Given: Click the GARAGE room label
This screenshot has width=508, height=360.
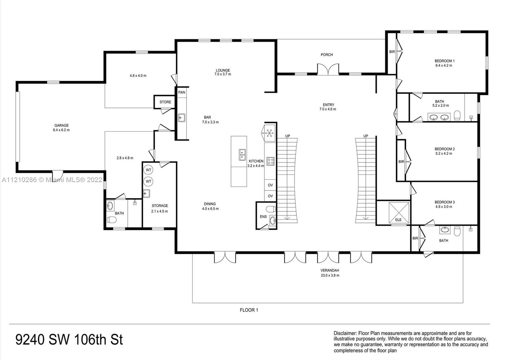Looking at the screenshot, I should click(x=61, y=126).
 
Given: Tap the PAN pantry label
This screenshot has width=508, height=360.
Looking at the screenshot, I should click(x=182, y=92).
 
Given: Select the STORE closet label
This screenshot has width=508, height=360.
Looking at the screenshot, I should click(x=165, y=102).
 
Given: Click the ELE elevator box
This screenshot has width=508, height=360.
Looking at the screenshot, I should click(x=399, y=213).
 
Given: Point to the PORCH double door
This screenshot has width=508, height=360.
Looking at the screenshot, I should click(x=328, y=70).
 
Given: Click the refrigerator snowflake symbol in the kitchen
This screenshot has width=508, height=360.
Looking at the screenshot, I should click(x=270, y=133).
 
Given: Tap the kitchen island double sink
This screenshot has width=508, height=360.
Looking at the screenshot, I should click(x=242, y=155).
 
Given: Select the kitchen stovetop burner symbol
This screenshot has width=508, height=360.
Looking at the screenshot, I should click(x=270, y=161).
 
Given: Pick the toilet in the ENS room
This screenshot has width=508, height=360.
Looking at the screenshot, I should click(x=271, y=209).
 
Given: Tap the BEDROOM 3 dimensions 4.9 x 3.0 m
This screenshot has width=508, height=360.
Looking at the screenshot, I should click(x=444, y=207).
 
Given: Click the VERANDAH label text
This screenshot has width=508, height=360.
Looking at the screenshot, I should click(x=330, y=271).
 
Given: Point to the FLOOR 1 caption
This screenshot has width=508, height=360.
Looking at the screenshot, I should click(x=249, y=310).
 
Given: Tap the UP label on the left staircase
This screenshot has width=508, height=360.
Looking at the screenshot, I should click(x=287, y=136).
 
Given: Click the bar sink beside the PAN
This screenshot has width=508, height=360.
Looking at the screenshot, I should click(x=182, y=118).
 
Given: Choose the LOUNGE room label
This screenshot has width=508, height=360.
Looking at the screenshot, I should click(x=223, y=71).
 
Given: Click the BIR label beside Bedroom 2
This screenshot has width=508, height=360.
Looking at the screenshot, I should click(x=401, y=162).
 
